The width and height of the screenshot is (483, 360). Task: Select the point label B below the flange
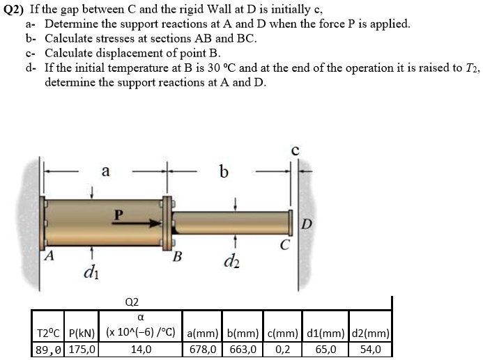pyautogui.click(x=177, y=256)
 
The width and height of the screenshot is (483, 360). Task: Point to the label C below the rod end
pyautogui.click(x=284, y=244)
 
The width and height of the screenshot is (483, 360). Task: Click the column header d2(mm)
pyautogui.click(x=371, y=333)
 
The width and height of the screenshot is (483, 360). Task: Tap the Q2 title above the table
pyautogui.click(x=131, y=302)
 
